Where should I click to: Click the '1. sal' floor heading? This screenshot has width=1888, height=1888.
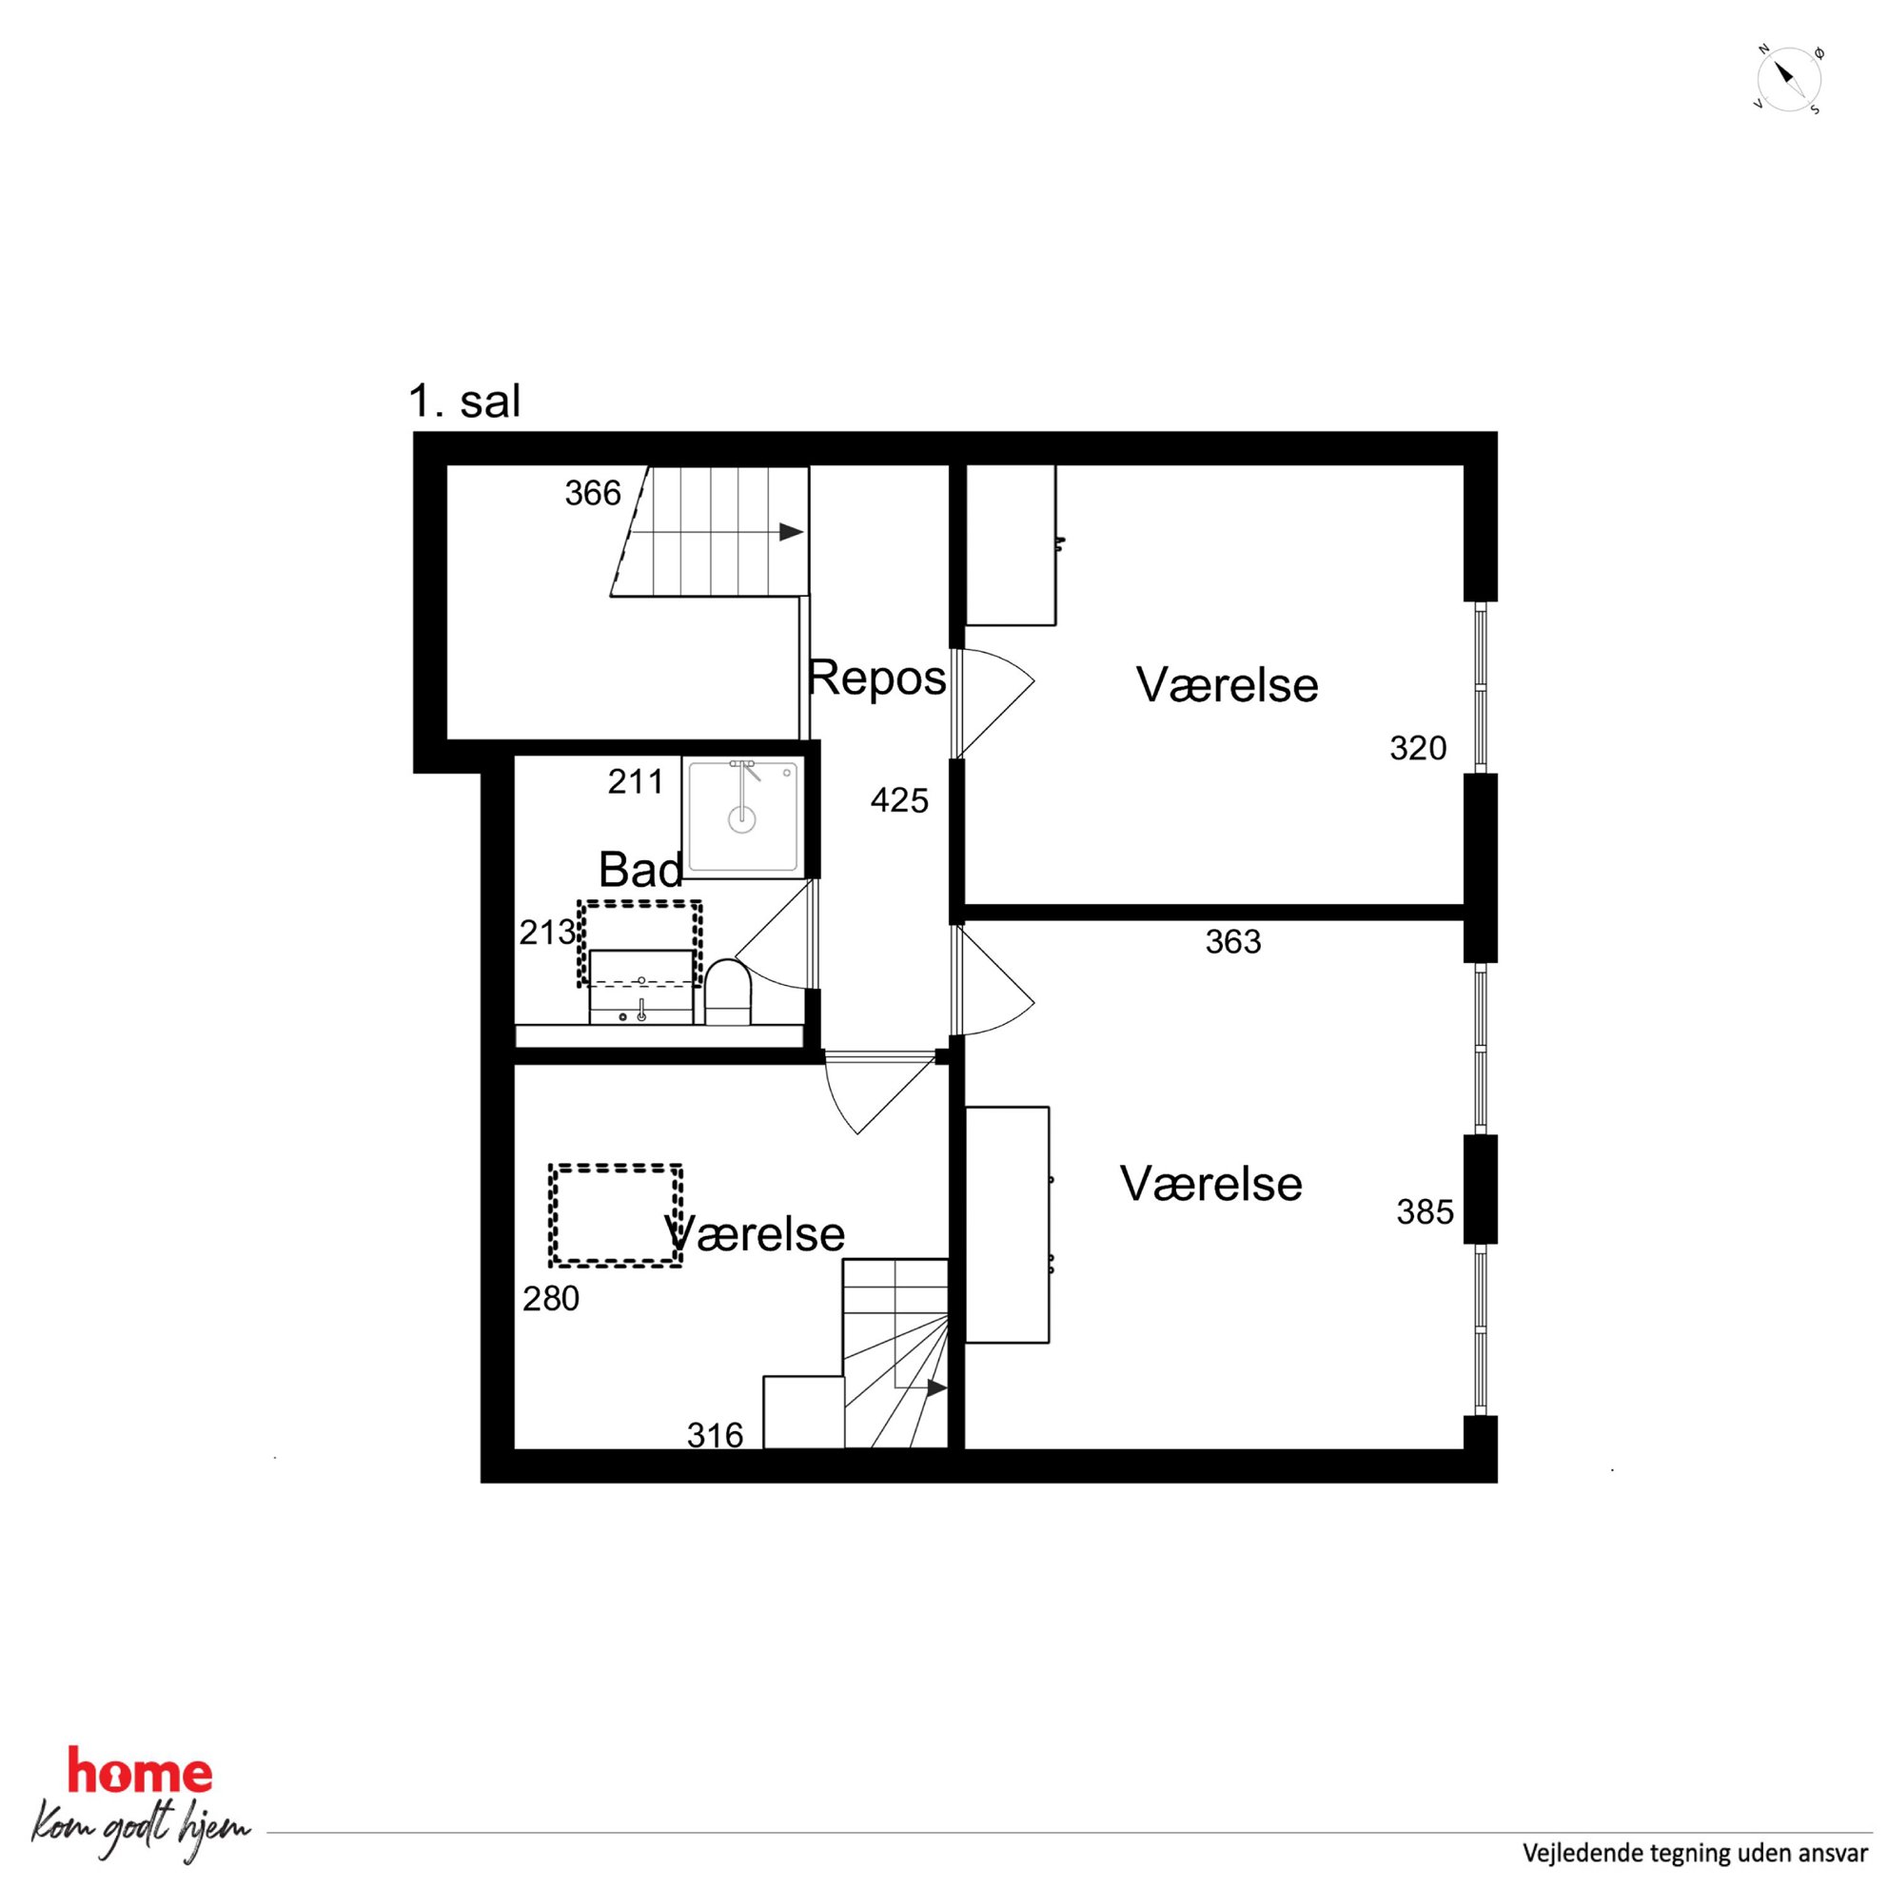click(464, 402)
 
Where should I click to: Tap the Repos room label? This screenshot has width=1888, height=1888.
click(876, 678)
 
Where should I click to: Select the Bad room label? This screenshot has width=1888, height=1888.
click(640, 869)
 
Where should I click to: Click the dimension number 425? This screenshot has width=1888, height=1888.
click(899, 801)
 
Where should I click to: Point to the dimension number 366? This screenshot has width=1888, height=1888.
click(592, 494)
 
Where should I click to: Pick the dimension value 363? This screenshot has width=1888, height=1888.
click(1233, 942)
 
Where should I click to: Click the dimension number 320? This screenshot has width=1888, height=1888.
click(1418, 749)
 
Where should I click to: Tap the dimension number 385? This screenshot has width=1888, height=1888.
click(1425, 1212)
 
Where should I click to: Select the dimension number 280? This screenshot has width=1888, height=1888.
click(551, 1299)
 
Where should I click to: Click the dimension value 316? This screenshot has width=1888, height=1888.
click(716, 1436)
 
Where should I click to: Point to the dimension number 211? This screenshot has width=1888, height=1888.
click(635, 782)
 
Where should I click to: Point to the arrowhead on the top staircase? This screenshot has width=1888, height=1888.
click(792, 533)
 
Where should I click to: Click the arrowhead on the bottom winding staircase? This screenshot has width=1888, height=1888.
click(937, 1387)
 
